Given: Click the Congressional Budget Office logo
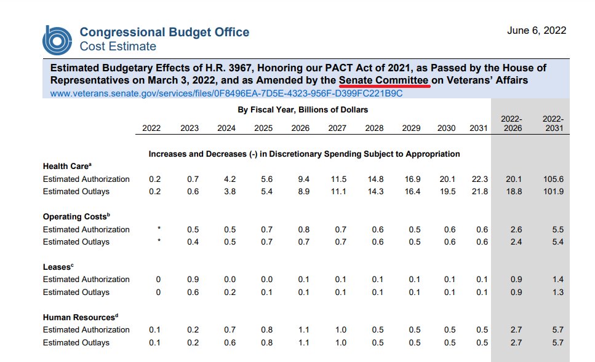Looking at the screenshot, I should [x=58, y=39].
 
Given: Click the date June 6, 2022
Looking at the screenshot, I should [x=537, y=31].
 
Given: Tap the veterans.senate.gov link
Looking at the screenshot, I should [x=226, y=93].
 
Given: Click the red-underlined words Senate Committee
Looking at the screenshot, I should [x=383, y=81].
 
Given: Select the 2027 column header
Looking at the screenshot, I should [x=337, y=128].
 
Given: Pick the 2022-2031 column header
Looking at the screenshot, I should [x=553, y=124].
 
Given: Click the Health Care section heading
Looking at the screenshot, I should [x=66, y=167].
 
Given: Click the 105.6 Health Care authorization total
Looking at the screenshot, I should [x=553, y=179].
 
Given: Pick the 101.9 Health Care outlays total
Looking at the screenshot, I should [x=553, y=192].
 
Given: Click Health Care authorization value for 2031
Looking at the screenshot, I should [x=479, y=179].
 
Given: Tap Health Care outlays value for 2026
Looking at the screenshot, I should [x=303, y=192].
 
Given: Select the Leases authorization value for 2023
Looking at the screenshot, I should [x=193, y=280].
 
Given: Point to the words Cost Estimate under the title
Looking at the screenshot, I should [x=118, y=47].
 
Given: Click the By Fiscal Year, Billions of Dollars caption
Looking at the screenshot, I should [x=303, y=110].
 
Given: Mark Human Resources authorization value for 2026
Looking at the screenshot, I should [x=303, y=330].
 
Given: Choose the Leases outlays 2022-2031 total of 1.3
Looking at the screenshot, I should [x=557, y=293].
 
